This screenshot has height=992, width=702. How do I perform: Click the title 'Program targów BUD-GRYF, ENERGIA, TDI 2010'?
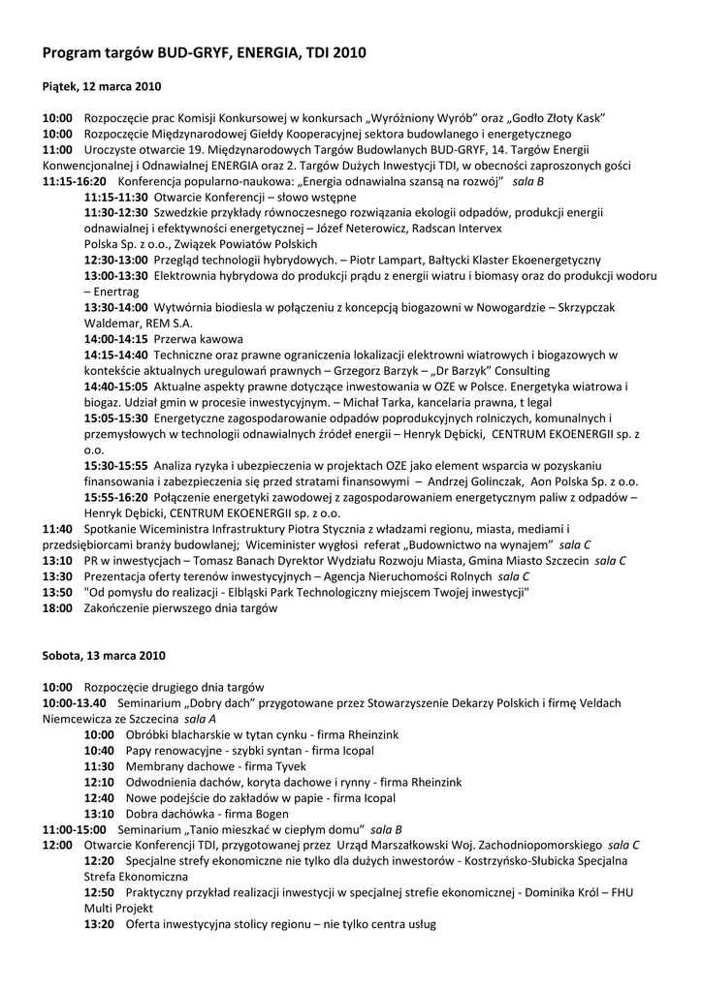click(x=205, y=53)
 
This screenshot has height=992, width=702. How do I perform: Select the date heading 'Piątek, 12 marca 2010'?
click(x=102, y=86)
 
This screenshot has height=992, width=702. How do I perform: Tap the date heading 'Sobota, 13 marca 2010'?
click(x=97, y=656)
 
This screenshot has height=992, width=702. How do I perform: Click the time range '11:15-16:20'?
click(x=75, y=181)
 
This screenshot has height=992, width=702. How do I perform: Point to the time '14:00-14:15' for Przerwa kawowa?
click(x=115, y=339)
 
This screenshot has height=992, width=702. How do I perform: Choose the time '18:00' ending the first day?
click(x=57, y=607)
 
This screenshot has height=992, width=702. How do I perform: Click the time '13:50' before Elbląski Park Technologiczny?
click(x=57, y=592)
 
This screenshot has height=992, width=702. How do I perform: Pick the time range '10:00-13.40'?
click(x=74, y=702)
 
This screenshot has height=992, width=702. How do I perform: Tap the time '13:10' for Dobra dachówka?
click(x=99, y=813)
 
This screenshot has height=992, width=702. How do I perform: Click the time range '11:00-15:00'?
click(x=75, y=829)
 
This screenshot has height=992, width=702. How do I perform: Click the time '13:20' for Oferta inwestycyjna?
click(x=99, y=924)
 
